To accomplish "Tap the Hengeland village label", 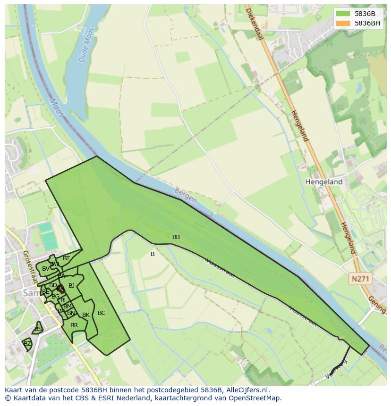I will (323, 182).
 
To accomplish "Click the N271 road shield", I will (360, 279).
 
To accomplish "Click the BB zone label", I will (176, 237).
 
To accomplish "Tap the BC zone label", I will (102, 313).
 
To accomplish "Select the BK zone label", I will (86, 315).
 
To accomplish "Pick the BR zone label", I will (74, 325).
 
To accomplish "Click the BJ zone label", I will (71, 285).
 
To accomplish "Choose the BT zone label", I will (66, 258).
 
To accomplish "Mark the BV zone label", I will (45, 269).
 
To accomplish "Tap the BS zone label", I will (38, 329).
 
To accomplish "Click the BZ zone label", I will (27, 344).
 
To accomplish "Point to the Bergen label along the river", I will (186, 196).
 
